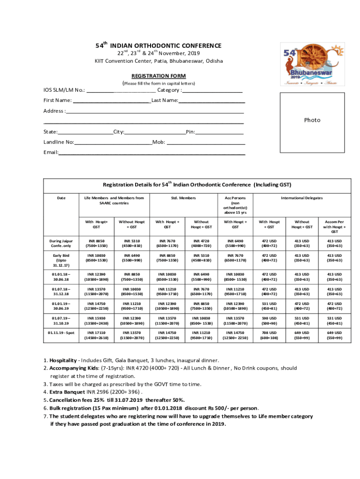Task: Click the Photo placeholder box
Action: [312, 121]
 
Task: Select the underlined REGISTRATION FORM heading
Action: [158, 76]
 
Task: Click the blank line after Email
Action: [152, 153]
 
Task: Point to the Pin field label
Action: [190, 132]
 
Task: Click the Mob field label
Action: [158, 142]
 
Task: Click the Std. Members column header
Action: [183, 198]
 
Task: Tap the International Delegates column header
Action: [302, 198]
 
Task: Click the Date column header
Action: [61, 198]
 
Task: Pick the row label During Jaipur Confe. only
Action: [61, 243]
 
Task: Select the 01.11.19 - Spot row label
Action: [61, 333]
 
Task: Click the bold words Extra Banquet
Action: [67, 392]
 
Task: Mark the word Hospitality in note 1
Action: [63, 360]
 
